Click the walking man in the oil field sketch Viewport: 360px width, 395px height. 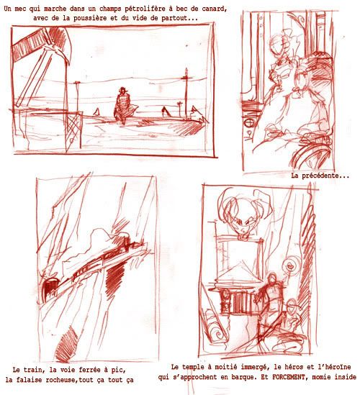124,105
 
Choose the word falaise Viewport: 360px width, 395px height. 30,380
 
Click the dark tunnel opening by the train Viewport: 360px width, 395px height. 50,286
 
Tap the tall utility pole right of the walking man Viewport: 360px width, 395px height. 186,94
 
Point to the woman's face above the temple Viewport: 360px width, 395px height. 240,224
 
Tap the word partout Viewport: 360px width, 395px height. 184,18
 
